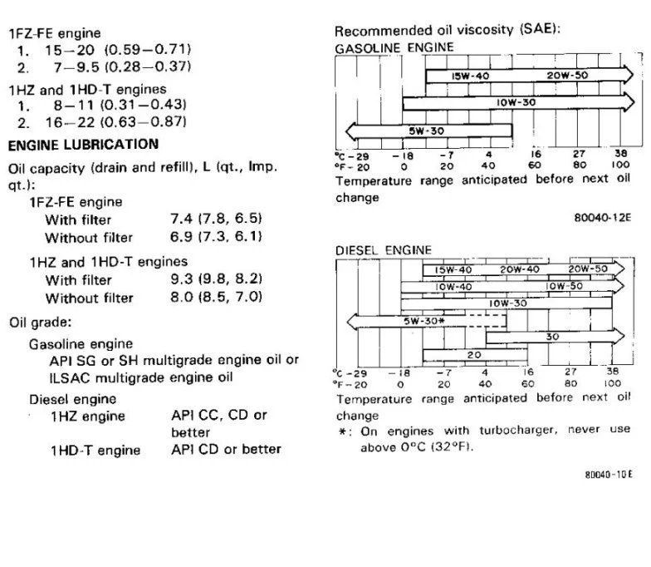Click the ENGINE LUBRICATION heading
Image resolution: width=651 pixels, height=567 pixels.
pyautogui.click(x=83, y=144)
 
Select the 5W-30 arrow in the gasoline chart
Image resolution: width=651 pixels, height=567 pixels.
pyautogui.click(x=428, y=131)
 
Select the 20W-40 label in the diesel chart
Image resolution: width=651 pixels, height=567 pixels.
pyautogui.click(x=520, y=269)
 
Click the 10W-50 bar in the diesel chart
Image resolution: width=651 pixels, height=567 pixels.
pyautogui.click(x=564, y=287)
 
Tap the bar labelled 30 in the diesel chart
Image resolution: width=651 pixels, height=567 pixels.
pyautogui.click(x=553, y=337)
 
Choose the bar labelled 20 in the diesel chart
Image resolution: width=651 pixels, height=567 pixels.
pyautogui.click(x=474, y=355)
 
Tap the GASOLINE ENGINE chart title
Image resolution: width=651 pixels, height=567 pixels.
pyautogui.click(x=394, y=48)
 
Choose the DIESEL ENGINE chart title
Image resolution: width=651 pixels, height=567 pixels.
pyautogui.click(x=384, y=249)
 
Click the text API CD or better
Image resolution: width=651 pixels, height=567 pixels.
pyautogui.click(x=226, y=449)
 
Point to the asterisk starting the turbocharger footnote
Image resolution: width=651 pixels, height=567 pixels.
pyautogui.click(x=341, y=430)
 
